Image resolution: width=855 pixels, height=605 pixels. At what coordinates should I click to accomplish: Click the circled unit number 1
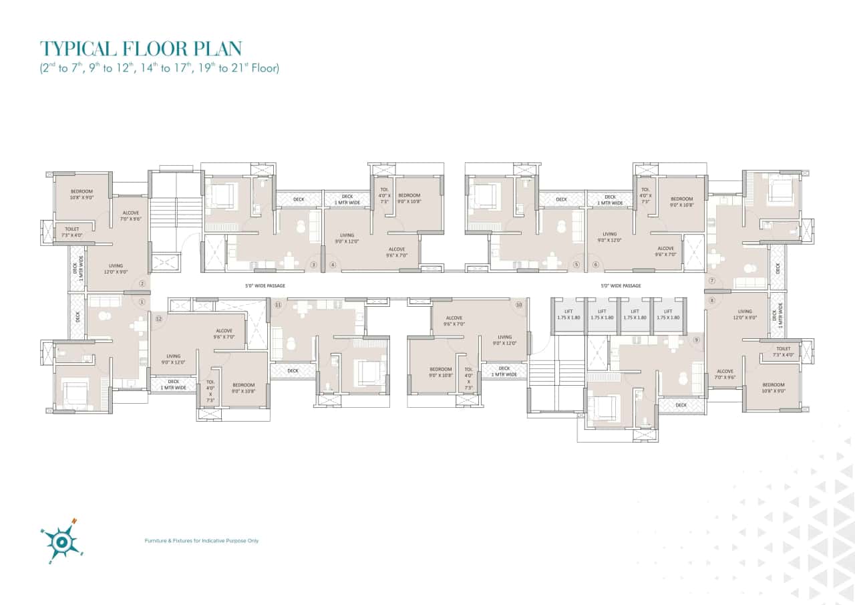point(142,301)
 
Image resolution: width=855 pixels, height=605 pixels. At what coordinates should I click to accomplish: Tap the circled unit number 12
point(158,319)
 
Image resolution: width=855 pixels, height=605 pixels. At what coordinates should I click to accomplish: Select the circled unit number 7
point(712,281)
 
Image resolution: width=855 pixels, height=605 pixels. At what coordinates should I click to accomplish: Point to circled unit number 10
point(519,305)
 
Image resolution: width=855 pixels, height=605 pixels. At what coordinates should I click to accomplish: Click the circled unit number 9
point(696,340)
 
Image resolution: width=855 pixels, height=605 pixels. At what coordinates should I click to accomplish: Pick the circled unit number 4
point(332,265)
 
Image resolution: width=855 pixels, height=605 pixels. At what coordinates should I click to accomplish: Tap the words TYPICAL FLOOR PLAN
point(141,48)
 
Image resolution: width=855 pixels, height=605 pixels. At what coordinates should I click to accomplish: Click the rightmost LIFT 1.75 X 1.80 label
point(667,314)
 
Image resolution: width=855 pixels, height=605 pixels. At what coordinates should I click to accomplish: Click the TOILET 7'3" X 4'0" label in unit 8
point(784,352)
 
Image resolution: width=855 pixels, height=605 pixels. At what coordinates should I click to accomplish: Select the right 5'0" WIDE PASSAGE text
point(620,285)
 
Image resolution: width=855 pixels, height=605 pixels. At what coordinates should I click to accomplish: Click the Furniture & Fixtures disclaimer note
point(202,540)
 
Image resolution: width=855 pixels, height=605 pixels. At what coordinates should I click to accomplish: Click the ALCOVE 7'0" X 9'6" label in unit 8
point(725,374)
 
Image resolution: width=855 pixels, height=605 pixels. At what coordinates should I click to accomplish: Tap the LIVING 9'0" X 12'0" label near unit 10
point(504,340)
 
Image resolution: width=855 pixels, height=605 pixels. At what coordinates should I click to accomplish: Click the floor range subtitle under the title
point(159,68)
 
